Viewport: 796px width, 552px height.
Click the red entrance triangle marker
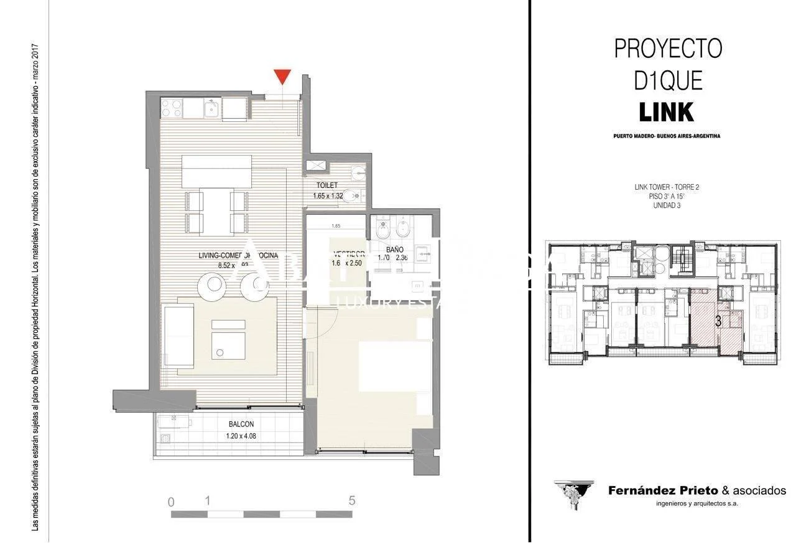click(283, 77)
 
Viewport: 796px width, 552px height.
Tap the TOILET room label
click(326, 185)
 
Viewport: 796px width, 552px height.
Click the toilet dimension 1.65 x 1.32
click(328, 196)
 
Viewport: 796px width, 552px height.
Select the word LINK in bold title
click(667, 113)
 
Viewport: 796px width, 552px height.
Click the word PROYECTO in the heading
click(668, 49)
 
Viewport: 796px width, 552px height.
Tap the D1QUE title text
click(668, 81)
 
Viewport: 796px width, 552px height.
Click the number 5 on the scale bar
click(352, 500)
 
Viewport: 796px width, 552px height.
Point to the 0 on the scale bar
click(171, 502)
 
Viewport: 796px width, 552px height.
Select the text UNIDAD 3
click(667, 206)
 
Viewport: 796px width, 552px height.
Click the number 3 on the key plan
click(718, 322)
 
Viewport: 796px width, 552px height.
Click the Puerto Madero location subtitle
click(667, 136)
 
